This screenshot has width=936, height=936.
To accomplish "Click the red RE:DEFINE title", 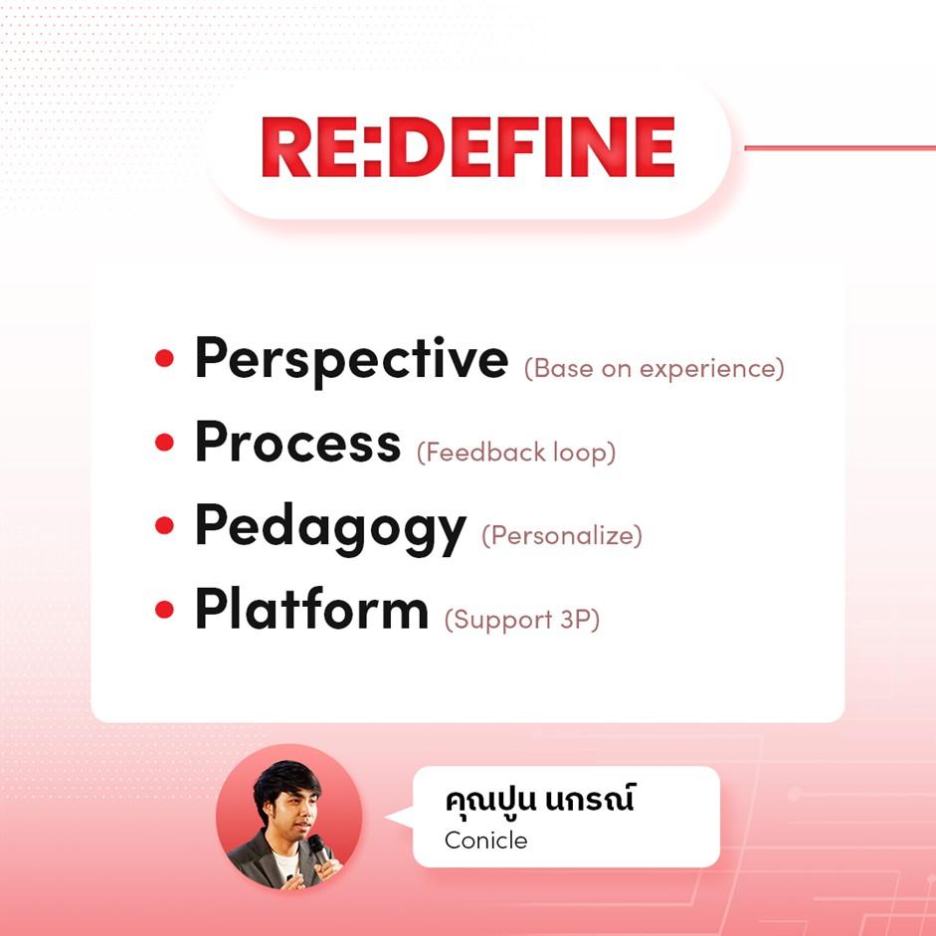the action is (x=468, y=147).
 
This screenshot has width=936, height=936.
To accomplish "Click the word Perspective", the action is (x=351, y=360).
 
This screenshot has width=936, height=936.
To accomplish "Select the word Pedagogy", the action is (x=330, y=529).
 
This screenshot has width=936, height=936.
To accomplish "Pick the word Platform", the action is (x=311, y=609).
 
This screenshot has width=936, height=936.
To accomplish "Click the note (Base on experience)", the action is (x=655, y=368).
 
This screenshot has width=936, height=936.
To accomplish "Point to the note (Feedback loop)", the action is (x=516, y=452).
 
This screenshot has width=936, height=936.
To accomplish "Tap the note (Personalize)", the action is (x=562, y=535).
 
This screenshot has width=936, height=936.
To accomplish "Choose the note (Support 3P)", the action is (x=522, y=619).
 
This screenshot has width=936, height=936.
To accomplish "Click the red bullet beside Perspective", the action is (x=164, y=358).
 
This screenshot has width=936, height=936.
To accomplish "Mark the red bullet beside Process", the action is (x=164, y=443).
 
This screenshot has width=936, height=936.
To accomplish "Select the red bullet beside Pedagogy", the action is (x=164, y=525).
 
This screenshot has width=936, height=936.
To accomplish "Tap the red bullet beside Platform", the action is (x=164, y=610).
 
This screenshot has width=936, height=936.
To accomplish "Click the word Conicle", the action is (x=486, y=841).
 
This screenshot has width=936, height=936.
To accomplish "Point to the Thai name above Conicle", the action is (x=539, y=799).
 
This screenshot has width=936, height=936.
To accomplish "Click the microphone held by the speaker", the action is (x=319, y=848).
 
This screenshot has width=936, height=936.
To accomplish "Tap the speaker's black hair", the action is (x=285, y=782).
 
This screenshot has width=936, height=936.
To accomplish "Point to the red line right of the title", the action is (x=840, y=147).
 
